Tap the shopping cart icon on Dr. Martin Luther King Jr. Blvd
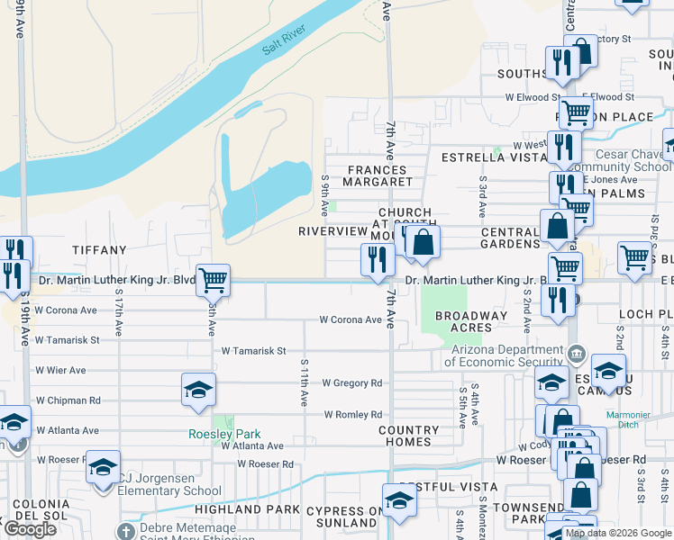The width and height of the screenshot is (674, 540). pos(213,281)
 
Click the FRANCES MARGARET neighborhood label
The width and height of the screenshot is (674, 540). pos(379,175)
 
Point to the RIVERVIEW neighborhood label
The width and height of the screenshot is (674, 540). pos(333,231)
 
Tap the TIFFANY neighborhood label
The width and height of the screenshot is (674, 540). pos(99,249)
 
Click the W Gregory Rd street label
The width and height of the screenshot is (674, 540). pos(351,382)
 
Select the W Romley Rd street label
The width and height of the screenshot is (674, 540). pos(352,415)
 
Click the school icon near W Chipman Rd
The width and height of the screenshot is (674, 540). pos(198,390)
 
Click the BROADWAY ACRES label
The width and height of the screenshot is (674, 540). pos(470,321)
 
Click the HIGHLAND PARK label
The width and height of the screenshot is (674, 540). pos(234,509)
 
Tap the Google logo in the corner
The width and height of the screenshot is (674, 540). pos(29,529)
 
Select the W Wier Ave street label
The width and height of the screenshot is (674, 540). pos(60,370)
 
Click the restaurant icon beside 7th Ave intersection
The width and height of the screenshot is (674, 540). pos(377,259)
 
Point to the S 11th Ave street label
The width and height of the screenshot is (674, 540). pos(304,380)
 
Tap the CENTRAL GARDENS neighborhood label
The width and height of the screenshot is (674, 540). pos(509,237)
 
